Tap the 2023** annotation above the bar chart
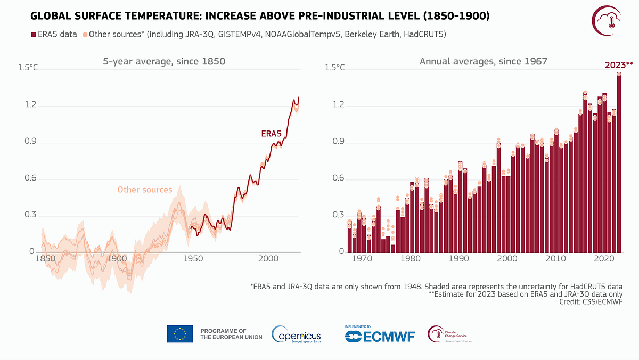(618, 66)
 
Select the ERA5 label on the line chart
(271, 134)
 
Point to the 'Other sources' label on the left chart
(145, 190)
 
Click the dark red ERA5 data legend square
(32, 35)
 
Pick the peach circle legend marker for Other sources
(85, 35)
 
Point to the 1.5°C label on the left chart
(28, 68)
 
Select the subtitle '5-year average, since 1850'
(164, 61)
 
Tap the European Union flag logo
(179, 333)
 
